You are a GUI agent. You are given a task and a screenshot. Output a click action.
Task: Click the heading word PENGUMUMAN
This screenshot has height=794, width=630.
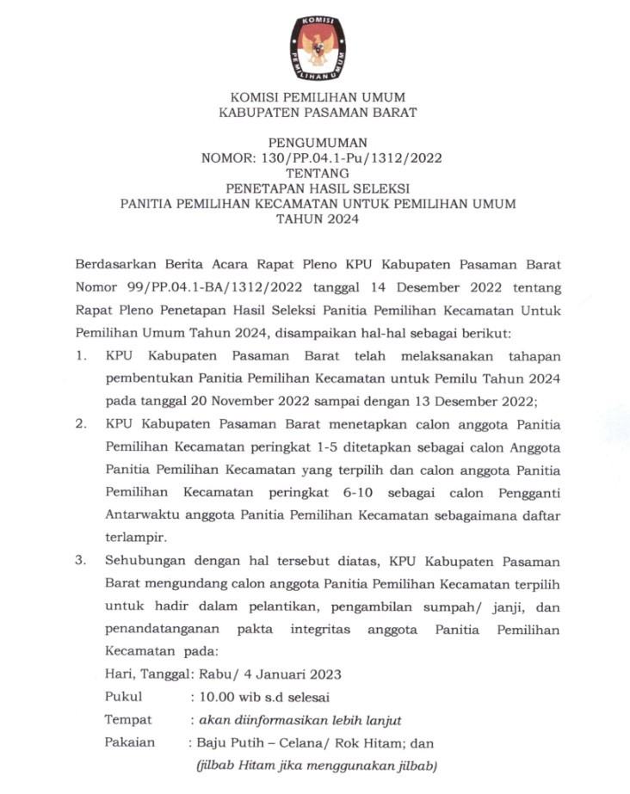click(317, 143)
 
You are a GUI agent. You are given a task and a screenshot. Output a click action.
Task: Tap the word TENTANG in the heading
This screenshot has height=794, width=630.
click(317, 173)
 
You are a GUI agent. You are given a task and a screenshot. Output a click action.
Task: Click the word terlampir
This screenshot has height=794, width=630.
click(133, 538)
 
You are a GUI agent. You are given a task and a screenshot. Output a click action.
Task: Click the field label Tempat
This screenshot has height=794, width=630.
click(128, 720)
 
